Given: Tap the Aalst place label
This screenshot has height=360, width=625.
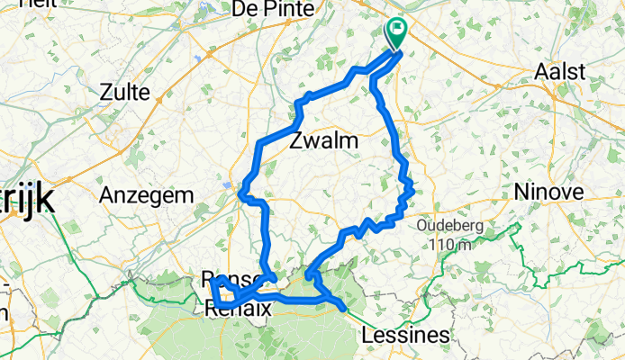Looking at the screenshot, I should tap(560, 72).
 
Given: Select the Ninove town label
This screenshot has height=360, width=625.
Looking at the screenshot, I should tap(548, 191).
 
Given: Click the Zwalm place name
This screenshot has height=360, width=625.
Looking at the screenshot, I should tap(324, 141).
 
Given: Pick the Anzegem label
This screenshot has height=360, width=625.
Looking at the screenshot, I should tap(146, 194).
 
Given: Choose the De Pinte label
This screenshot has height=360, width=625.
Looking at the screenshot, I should tap(272, 9).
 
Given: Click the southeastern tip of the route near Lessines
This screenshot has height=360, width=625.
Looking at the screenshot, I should tap(345, 310).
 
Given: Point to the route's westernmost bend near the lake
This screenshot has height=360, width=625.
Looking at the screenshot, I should tap(240, 192).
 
